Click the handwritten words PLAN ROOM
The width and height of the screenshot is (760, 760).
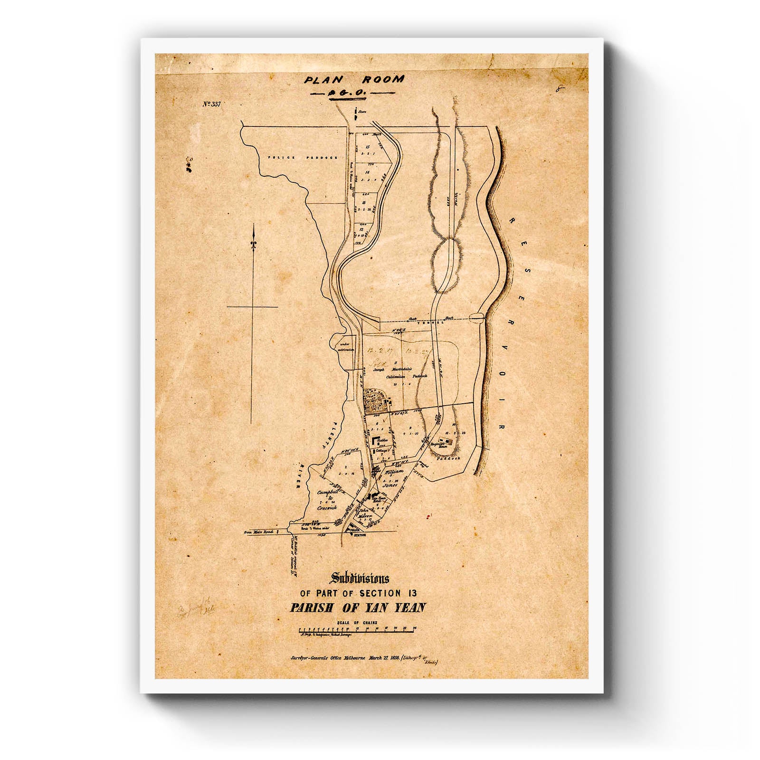[354, 80]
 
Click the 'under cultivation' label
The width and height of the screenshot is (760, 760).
[345, 346]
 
